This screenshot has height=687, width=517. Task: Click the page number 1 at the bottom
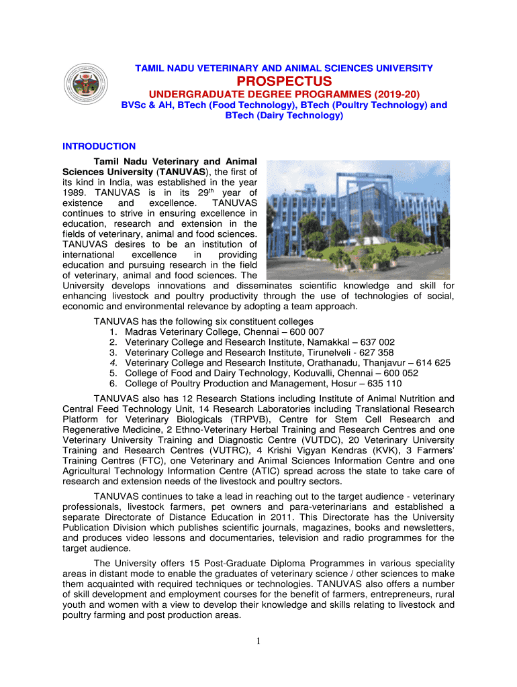coord(258,642)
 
